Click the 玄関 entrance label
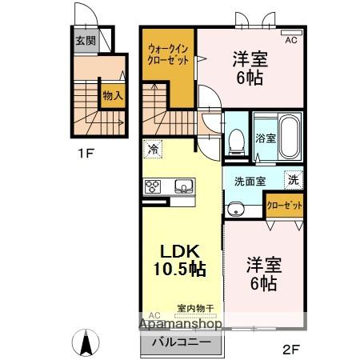[85, 40]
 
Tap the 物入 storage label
[112, 95]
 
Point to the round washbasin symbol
[235, 210]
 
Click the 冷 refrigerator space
[153, 149]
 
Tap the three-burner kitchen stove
[153, 186]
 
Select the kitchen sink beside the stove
[183, 186]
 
